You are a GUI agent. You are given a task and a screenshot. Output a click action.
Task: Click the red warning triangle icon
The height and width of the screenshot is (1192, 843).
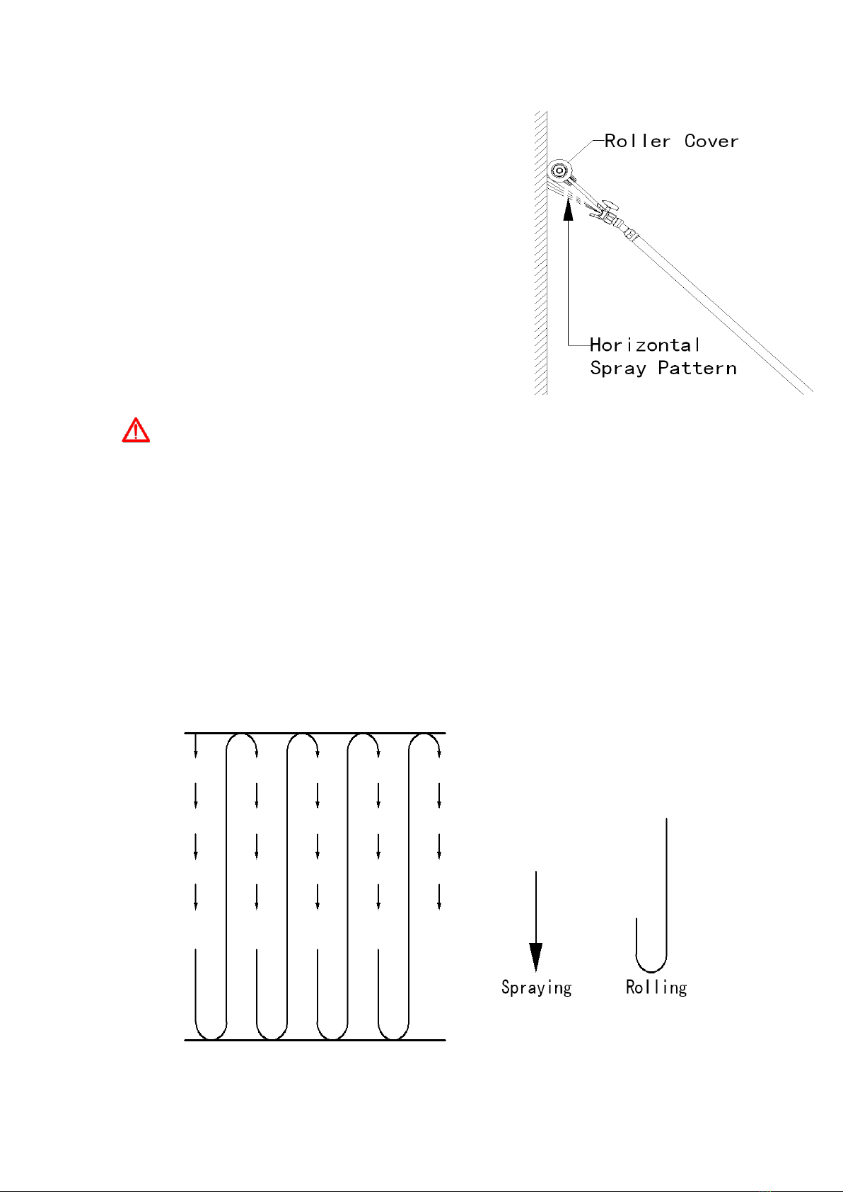[x=136, y=431]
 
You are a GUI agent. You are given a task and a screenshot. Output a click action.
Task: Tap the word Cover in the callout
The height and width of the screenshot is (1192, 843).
[x=711, y=141]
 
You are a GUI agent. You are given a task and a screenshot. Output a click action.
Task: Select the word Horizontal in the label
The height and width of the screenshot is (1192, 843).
[x=644, y=345]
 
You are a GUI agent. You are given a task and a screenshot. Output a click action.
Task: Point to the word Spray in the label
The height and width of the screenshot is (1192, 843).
[x=618, y=369]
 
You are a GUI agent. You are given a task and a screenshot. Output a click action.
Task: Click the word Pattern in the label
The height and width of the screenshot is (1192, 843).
[x=697, y=368]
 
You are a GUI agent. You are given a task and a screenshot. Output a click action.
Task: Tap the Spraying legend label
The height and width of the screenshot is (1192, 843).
[x=536, y=988]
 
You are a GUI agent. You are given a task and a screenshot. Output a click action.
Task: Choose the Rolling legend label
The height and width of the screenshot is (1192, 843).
[x=656, y=988]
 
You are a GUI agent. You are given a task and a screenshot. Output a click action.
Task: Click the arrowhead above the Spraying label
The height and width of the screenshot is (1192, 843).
[x=535, y=957]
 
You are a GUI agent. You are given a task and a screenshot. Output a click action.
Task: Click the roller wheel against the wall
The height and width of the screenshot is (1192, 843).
[x=559, y=170]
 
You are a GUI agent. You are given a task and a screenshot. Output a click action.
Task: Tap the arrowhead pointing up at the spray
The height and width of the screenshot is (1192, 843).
[x=568, y=209]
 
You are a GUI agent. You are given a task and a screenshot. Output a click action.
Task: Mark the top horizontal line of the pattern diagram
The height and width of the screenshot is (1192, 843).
[x=315, y=733]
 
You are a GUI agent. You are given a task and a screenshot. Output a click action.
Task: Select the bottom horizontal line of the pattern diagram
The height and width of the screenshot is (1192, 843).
[x=315, y=1040]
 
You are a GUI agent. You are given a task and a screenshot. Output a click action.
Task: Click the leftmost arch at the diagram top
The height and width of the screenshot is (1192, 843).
[x=242, y=734]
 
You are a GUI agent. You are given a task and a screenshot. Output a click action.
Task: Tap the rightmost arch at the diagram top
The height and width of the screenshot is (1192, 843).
[x=424, y=734]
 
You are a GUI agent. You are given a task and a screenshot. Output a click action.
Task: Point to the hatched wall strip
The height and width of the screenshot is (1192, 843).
[x=541, y=253]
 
